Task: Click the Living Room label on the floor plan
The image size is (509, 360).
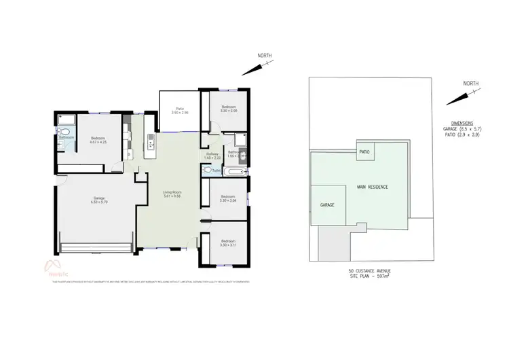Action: click(172, 194)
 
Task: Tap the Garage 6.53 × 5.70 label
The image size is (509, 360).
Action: click(99, 200)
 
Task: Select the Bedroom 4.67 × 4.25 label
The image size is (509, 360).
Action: click(99, 141)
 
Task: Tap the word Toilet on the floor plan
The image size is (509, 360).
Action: click(216, 170)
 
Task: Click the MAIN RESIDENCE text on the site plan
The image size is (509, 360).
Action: click(369, 187)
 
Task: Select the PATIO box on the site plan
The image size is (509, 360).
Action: click(364, 151)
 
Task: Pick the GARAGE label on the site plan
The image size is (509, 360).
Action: click(328, 204)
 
